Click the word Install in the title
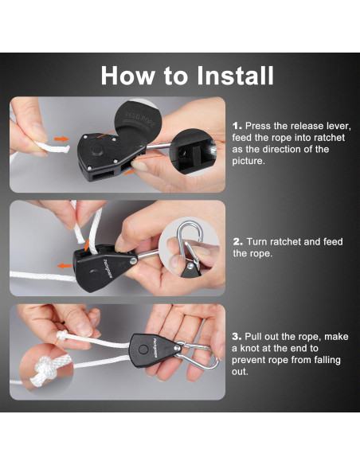[235, 76]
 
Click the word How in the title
[127, 76]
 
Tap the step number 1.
[237, 126]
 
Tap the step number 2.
[237, 242]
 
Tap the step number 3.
[237, 337]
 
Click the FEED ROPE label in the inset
[140, 119]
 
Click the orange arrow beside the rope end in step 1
[61, 139]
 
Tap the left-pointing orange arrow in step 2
[64, 266]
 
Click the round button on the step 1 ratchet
[97, 150]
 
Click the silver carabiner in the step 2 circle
[190, 243]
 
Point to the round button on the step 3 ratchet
[143, 350]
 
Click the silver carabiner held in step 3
[198, 355]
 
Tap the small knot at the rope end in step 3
[62, 336]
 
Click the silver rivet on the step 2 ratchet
[133, 261]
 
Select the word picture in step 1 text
[248, 161]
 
